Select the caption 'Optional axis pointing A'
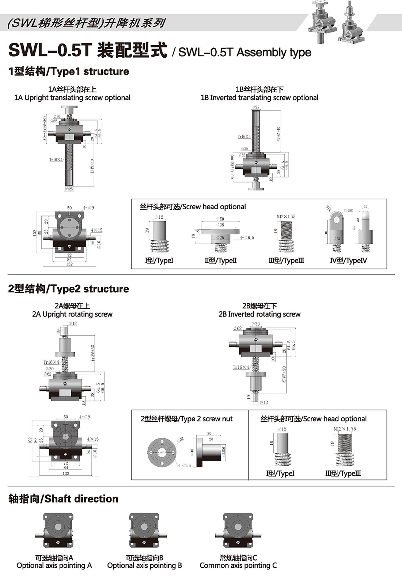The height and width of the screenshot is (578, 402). pos(54,565)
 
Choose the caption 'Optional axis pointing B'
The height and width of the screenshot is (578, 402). pos(144,565)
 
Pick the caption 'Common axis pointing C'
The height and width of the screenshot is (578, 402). pos(238,565)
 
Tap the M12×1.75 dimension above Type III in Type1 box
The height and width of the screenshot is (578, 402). pos(286,217)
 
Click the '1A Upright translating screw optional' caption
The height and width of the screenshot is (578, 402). pos(72,97)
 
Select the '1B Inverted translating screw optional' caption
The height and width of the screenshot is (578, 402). pos(259,97)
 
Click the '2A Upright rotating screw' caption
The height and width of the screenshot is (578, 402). pos(72,314)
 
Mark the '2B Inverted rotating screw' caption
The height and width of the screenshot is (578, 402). pos(259,314)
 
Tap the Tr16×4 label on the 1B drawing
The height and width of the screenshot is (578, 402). pos(244,137)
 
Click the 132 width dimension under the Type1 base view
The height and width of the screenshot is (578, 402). pos(69,264)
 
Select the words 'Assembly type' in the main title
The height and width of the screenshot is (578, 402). pos(274,52)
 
